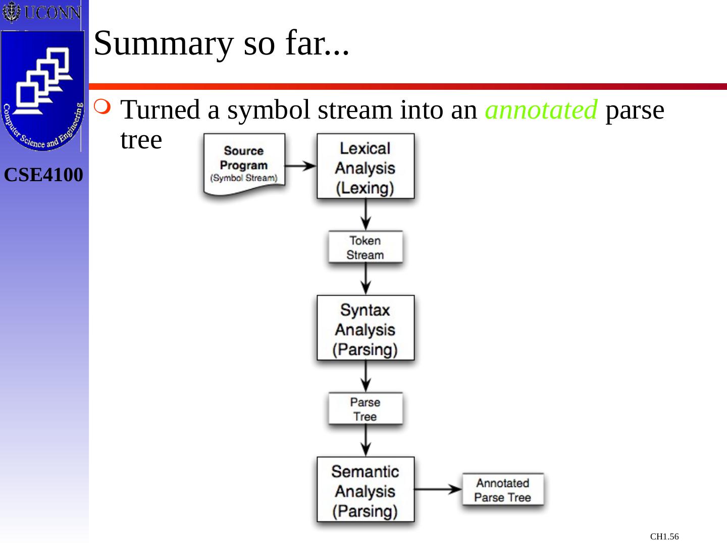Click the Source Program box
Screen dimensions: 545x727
(244, 165)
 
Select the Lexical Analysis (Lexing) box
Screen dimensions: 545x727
(365, 167)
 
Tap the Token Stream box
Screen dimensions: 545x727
(365, 247)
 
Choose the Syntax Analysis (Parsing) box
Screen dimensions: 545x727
(365, 328)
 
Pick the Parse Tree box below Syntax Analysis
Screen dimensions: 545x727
(365, 409)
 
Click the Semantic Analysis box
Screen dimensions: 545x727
(365, 489)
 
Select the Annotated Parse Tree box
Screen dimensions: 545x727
(503, 489)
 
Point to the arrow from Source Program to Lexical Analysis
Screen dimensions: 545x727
(301, 166)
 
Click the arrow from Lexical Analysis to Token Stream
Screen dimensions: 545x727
(366, 214)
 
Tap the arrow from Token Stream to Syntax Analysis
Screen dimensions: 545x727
(366, 279)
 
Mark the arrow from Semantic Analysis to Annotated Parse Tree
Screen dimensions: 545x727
(438, 488)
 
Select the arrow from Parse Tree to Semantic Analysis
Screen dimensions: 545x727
(366, 440)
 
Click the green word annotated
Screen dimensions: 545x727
(541, 110)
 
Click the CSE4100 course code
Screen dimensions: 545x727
(43, 175)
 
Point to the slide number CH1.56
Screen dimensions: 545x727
(664, 536)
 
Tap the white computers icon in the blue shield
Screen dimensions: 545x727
(43, 81)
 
